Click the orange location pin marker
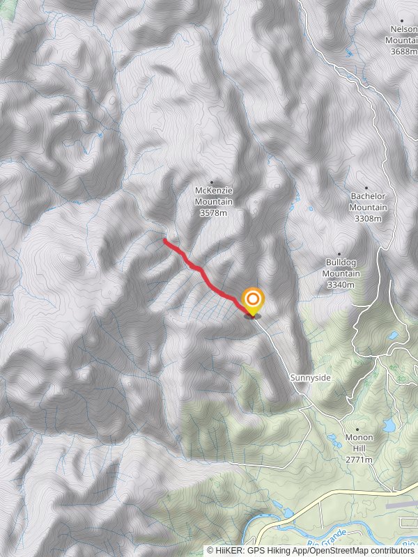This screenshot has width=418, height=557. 253,301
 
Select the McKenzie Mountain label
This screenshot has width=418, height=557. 213,196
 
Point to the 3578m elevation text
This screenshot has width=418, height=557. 213,212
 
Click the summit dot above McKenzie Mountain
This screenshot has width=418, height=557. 212,182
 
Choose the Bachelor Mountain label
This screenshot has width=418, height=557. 369,202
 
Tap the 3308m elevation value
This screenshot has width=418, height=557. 369,219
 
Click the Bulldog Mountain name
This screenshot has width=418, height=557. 341,268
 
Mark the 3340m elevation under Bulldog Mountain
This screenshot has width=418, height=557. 341,284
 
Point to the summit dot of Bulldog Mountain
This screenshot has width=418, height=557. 339,254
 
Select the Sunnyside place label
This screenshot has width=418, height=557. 311,377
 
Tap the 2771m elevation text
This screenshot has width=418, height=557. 359,460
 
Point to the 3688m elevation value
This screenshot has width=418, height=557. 403,52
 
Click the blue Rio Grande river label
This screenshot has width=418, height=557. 323,544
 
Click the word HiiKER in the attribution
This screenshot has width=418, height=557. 229,550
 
